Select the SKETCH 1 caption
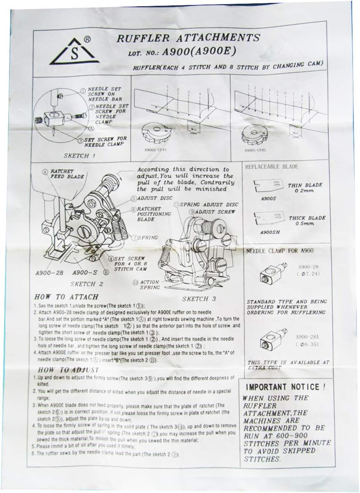pos(81,156)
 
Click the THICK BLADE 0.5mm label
pos(307,220)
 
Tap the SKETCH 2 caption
pos(87,284)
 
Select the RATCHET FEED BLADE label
pos(66,174)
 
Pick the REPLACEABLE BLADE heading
pos(272,167)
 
